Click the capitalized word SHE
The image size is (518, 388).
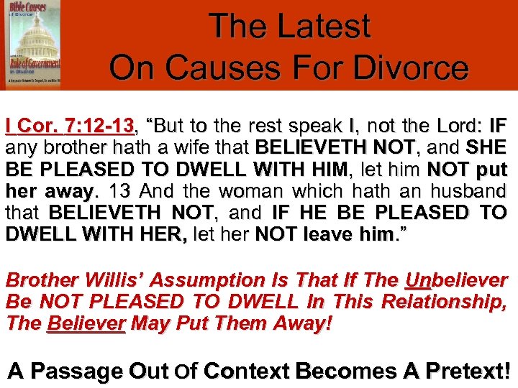pos(485,149)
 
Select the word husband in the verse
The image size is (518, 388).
pos(467,192)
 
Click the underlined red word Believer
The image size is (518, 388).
pos(86,324)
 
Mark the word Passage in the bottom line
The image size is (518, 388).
pos(76,371)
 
